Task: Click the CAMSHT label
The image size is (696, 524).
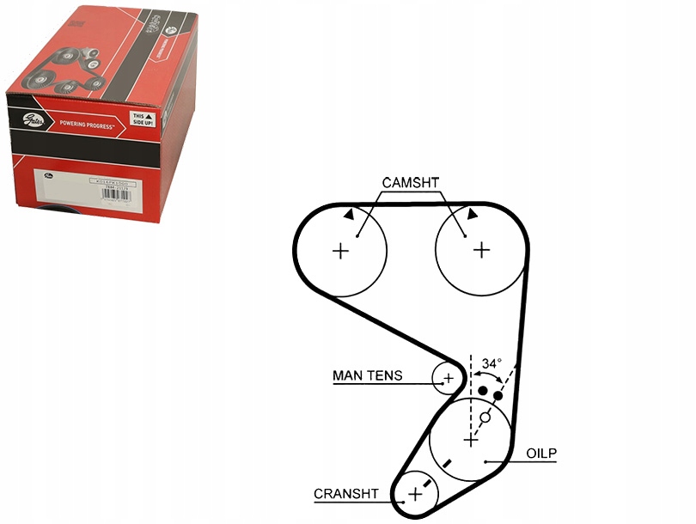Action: coord(411,182)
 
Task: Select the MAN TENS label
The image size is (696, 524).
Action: coord(367,376)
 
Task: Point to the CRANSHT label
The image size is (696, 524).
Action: coord(346,494)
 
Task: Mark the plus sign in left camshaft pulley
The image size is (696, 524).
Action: coord(341,251)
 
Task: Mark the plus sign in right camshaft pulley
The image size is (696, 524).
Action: coord(482,250)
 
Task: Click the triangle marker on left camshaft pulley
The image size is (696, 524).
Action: coord(348,216)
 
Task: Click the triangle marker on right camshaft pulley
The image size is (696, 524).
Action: coord(473,214)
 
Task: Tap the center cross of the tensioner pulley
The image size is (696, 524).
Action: coord(448,378)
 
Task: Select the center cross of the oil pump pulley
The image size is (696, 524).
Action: coord(470,440)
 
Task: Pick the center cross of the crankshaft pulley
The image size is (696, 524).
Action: coord(416,494)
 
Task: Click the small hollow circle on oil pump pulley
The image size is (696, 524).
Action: coord(485,417)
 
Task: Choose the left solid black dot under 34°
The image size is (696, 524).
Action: coord(483,392)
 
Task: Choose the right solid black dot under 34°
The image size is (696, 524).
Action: coord(498,396)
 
